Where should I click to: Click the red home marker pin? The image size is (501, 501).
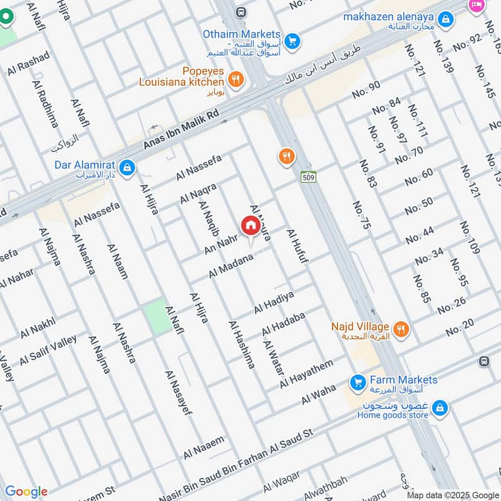coord(249,225)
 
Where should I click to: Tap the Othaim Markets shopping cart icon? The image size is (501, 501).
coord(291,42)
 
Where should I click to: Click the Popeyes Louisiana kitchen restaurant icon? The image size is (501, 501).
coord(235,79)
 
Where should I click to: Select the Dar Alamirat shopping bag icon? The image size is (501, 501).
coord(128,167)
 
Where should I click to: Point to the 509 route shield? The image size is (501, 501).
coord(307,177)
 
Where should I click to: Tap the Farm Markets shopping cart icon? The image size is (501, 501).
coord(357,381)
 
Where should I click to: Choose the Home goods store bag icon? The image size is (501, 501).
coord(440,408)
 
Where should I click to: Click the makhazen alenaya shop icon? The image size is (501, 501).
coord(446,21)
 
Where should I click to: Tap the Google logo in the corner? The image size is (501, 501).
coord(26,492)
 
